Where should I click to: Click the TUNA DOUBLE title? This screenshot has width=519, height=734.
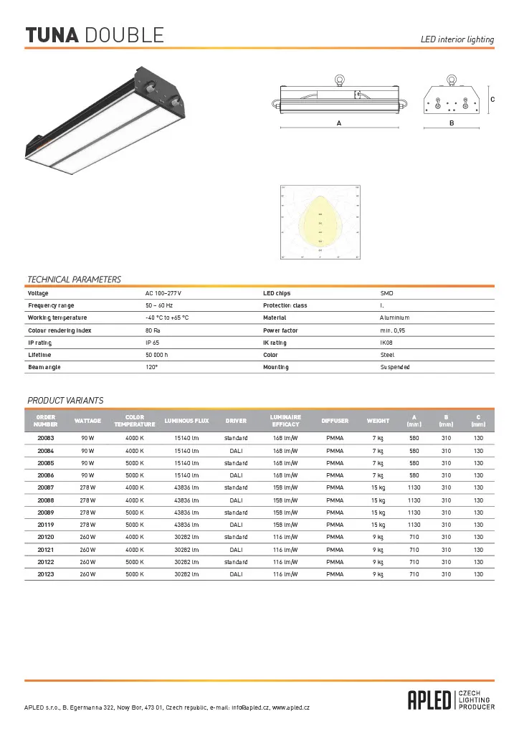(x=95, y=34)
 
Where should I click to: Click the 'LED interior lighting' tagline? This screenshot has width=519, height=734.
(x=457, y=39)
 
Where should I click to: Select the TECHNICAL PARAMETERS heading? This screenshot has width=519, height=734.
(x=74, y=280)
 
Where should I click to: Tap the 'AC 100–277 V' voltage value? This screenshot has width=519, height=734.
(x=163, y=293)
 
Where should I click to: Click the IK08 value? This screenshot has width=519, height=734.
(x=386, y=343)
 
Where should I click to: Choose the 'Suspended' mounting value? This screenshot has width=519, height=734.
(x=395, y=367)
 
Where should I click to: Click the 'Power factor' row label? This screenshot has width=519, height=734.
(x=280, y=330)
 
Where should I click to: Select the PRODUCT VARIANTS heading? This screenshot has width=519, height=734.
(x=65, y=401)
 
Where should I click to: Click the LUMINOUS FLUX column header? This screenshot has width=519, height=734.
(x=186, y=421)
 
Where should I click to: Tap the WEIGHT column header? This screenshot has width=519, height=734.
(x=378, y=421)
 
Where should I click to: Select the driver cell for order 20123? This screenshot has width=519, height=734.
(x=236, y=574)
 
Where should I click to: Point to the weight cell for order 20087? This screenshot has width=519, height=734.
(x=378, y=487)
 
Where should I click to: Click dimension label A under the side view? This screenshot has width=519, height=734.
(x=338, y=123)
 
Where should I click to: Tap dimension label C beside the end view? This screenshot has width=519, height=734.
(x=492, y=99)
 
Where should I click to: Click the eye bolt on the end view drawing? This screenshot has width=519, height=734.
(x=451, y=79)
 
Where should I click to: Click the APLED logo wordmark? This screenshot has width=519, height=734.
(x=430, y=700)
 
